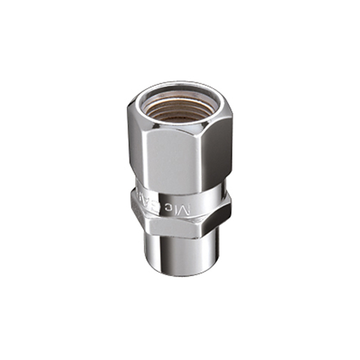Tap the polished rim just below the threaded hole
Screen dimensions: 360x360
(x=180, y=125)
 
